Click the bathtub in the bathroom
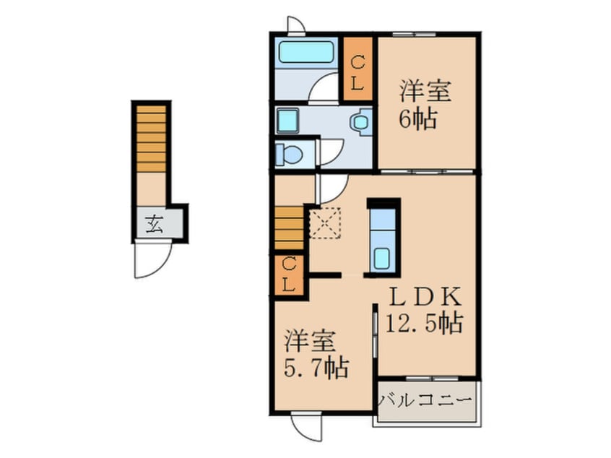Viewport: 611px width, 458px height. (x=306, y=53)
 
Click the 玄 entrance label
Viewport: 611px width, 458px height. (x=155, y=224)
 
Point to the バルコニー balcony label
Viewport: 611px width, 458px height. (x=426, y=401)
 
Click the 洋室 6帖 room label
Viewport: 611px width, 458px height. (x=425, y=105)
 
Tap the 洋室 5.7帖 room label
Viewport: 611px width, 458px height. (x=316, y=354)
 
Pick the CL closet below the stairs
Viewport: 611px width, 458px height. (x=289, y=275)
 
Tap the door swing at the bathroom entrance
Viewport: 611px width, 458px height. (x=323, y=88)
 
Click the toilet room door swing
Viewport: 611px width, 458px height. (x=331, y=152)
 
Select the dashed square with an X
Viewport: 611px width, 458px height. (x=325, y=223)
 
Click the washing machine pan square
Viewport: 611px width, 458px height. (x=287, y=121)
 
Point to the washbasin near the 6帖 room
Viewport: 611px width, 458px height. (x=361, y=121)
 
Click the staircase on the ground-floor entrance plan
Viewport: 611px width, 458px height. (x=151, y=139)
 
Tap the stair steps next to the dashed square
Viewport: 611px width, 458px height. (x=289, y=228)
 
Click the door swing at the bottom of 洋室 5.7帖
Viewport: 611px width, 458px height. (x=306, y=426)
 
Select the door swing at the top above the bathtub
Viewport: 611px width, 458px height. (x=296, y=26)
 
